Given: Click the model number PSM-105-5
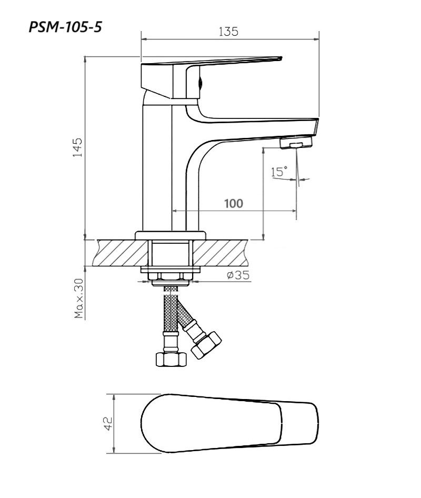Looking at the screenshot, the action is coord(65,27).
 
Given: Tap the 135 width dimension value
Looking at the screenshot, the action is coord(228,32).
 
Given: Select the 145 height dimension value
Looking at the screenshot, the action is coord(77,147).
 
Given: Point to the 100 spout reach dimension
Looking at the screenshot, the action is coord(234,203).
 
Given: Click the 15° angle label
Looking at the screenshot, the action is coord(279,171).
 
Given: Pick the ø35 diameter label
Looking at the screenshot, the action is coord(238,275).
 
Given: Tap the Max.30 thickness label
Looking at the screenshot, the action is coord(78,298).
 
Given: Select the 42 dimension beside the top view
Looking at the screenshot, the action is coord(108,423).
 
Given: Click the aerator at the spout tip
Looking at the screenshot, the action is coord(296,142).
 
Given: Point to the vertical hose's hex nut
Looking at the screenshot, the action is coord(172,359).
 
